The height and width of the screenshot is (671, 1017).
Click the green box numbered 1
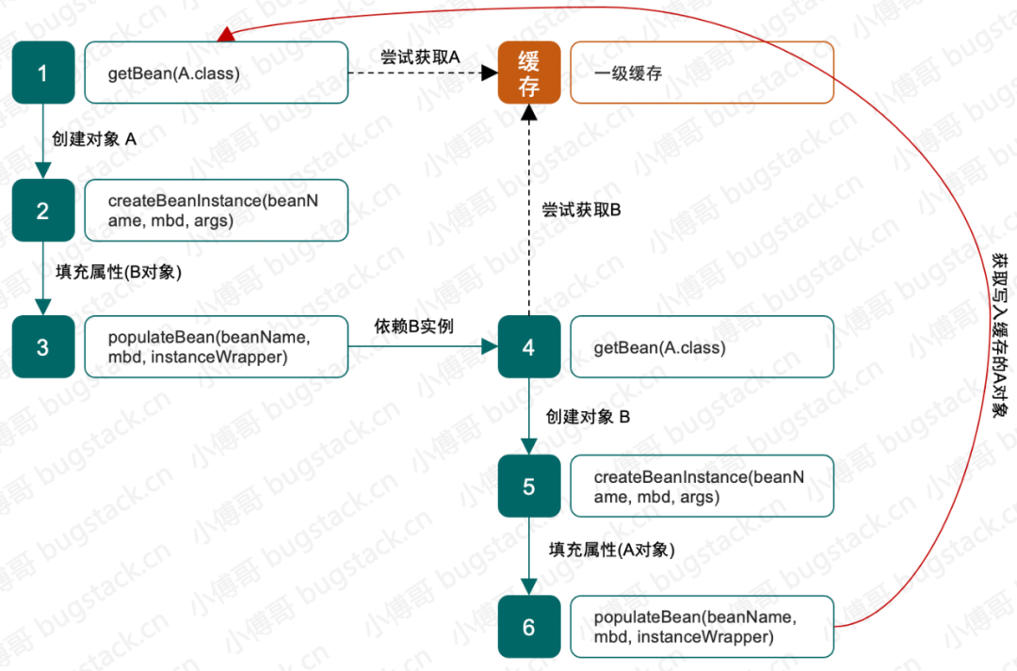pos(42,72)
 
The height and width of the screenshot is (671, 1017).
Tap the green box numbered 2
pos(42,210)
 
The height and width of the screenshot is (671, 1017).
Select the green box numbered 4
pos(528,347)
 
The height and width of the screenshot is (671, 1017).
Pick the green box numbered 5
pos(528,486)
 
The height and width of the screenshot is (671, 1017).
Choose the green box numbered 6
pos(528,626)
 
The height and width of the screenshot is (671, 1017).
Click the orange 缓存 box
pos(528,72)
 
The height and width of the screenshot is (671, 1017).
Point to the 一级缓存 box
pos(702,72)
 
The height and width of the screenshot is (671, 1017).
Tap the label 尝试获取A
pos(421,56)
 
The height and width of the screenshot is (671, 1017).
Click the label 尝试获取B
pos(581,210)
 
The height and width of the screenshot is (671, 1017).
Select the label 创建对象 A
pos(94,139)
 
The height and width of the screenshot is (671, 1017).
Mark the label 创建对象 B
pos(588,415)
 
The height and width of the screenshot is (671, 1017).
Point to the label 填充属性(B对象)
pos(117,273)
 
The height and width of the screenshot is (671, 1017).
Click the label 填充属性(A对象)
pos(612,549)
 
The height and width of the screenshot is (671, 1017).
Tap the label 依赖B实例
pos(414,326)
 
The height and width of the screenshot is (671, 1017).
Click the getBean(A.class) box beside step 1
pos(216,72)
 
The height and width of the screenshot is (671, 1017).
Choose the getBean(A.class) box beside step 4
pos(702,347)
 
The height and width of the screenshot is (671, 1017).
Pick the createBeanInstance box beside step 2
pos(216,210)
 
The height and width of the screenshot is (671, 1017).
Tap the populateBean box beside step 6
pos(702,626)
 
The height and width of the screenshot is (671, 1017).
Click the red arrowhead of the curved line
pos(225,35)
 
